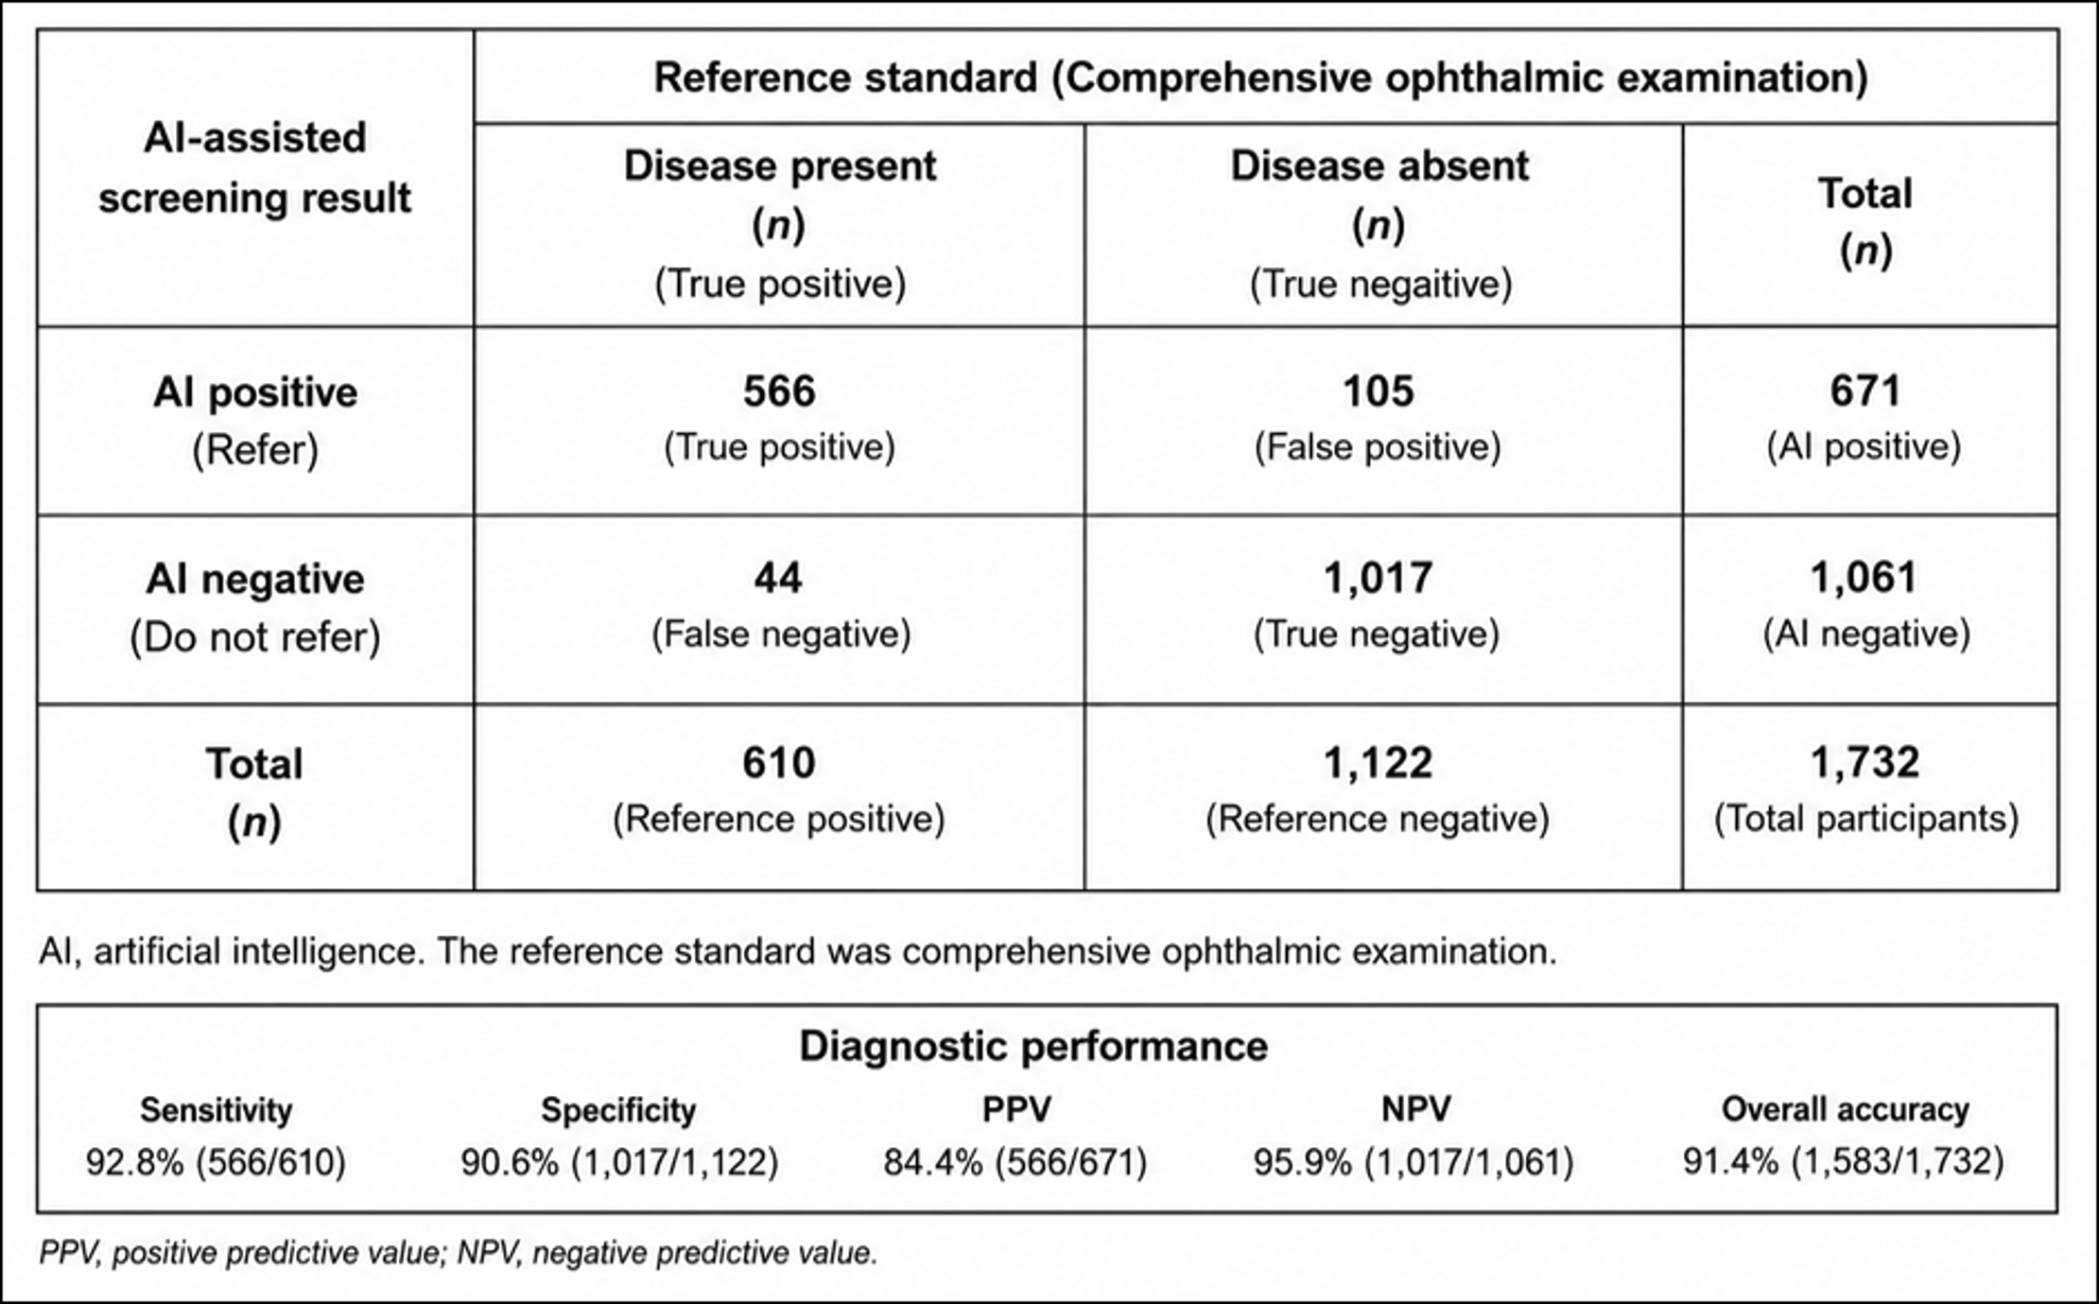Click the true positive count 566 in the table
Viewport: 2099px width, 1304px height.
(x=779, y=391)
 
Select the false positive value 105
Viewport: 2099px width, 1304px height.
(x=1379, y=391)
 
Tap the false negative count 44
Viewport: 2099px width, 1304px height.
(x=778, y=578)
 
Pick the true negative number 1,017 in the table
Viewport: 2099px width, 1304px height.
(x=1379, y=578)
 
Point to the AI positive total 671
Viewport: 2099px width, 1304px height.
(x=1865, y=391)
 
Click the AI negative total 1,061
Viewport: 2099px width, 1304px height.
(x=1864, y=578)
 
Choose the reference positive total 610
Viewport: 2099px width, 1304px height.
(x=779, y=763)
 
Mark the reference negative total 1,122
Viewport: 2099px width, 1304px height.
(x=1379, y=763)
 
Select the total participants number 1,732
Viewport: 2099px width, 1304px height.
(x=1865, y=763)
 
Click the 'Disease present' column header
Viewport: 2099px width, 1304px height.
(x=780, y=166)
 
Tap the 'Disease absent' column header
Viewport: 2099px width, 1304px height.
(x=1379, y=166)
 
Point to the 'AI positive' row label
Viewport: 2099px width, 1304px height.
(x=255, y=392)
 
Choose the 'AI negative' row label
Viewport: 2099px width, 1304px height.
(x=255, y=579)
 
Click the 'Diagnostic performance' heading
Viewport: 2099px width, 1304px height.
(x=1033, y=1047)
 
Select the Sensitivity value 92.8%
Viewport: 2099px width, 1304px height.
(x=134, y=1161)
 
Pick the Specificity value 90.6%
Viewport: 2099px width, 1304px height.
(x=510, y=1161)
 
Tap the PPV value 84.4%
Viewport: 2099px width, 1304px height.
(x=933, y=1161)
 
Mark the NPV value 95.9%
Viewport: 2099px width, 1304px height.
(x=1303, y=1161)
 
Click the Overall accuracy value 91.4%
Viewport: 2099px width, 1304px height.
(x=1731, y=1161)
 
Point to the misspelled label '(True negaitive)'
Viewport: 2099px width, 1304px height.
(x=1380, y=285)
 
